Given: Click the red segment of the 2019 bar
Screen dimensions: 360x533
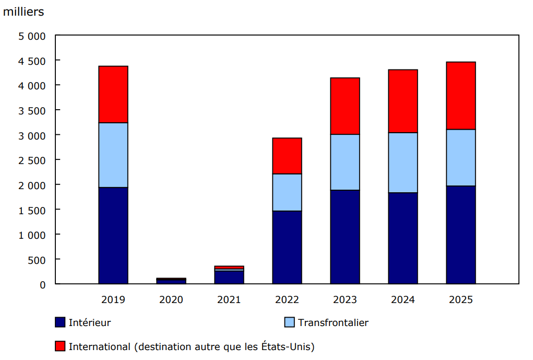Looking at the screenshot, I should (113, 95).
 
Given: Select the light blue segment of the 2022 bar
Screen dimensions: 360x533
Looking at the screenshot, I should (287, 192).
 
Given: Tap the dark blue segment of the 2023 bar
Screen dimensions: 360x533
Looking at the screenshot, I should (345, 237).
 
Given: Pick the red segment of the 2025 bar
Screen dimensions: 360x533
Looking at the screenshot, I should (461, 96).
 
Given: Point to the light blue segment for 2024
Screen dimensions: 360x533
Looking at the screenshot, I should (403, 162).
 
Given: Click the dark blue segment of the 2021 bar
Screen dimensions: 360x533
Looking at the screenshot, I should (229, 277).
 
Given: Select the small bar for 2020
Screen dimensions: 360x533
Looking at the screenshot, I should (171, 281).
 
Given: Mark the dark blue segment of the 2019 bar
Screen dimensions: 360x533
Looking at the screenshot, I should (113, 235).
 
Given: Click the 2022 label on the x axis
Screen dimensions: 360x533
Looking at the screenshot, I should (287, 300).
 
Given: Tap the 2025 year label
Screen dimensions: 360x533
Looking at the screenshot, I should (461, 300).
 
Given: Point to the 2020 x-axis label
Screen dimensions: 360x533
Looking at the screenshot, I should (171, 300).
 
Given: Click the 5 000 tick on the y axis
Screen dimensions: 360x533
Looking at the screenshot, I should (32, 36).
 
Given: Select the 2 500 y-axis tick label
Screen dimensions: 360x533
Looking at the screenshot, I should (32, 160).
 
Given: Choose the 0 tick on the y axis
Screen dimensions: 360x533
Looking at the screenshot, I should (43, 285).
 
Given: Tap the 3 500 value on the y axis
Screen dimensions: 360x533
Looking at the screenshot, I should (32, 110).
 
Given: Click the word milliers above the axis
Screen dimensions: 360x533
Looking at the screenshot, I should (23, 12).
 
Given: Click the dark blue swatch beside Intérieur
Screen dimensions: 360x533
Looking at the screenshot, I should (60, 322).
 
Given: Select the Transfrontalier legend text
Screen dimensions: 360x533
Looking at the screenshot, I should (333, 323).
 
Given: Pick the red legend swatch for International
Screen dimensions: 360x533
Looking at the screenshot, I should (60, 346).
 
